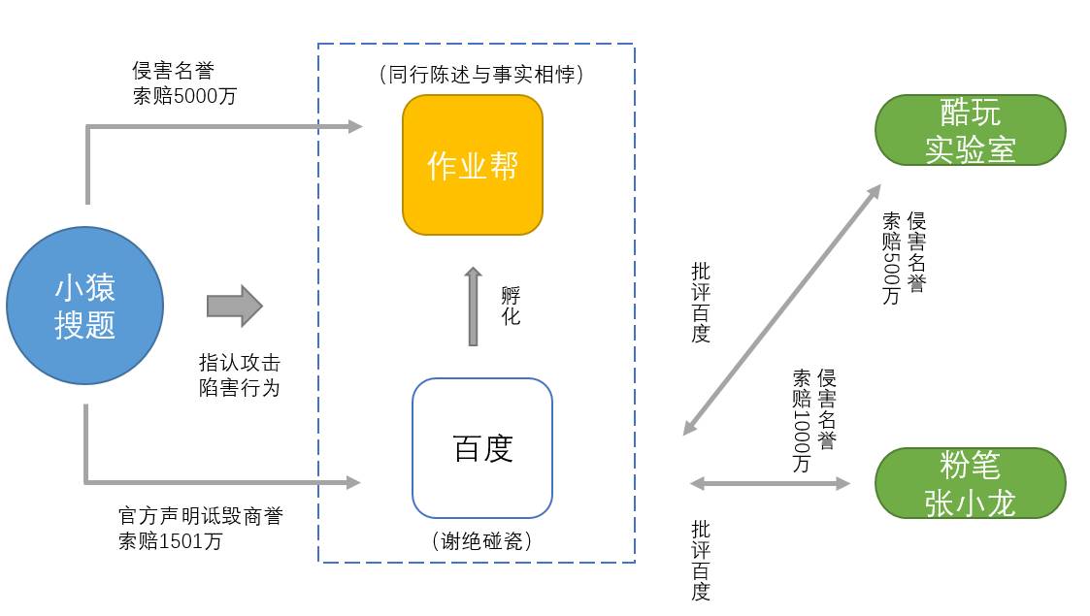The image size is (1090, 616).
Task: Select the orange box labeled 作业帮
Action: [473, 165]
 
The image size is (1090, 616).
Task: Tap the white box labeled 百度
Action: [482, 448]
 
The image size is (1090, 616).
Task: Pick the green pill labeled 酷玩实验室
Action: [970, 131]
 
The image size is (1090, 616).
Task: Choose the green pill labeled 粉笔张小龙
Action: [970, 483]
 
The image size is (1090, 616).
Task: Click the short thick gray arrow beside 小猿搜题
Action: [234, 306]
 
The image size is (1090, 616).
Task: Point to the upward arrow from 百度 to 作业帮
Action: [474, 307]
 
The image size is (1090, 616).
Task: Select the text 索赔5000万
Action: [184, 96]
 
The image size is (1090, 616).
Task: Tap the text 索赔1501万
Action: [170, 541]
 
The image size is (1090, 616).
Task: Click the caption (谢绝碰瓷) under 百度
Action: [482, 541]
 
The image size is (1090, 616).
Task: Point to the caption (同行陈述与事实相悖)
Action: [482, 74]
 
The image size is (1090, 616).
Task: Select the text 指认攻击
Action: [239, 364]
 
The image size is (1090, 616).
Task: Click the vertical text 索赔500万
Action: [891, 259]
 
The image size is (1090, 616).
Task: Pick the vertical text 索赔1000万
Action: [802, 421]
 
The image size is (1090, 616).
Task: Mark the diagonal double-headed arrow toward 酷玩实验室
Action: [781, 308]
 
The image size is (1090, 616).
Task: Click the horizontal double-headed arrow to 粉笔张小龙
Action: [769, 483]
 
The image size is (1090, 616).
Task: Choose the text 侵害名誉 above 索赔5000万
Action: [173, 71]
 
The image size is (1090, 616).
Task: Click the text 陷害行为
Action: [239, 388]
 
